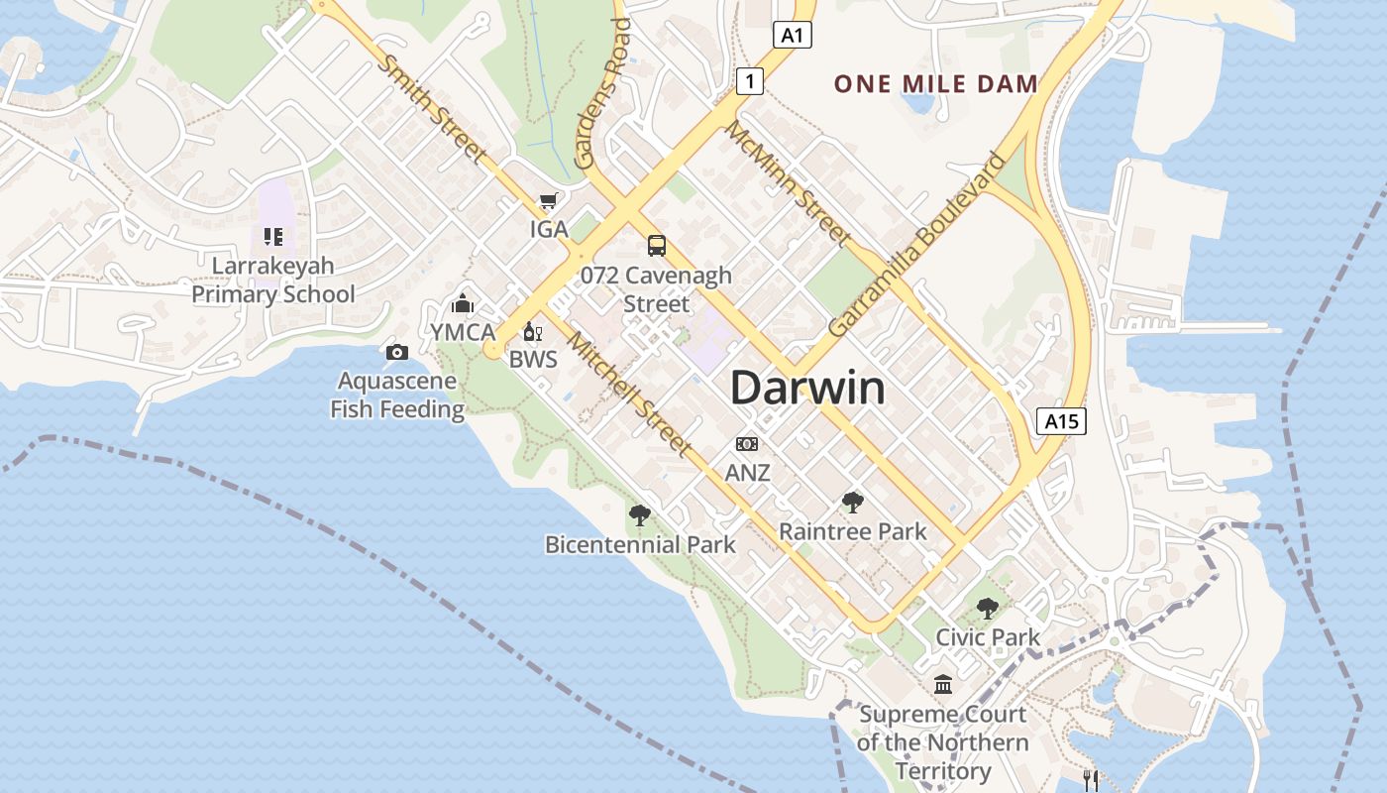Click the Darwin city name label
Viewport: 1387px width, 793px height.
pyautogui.click(x=807, y=388)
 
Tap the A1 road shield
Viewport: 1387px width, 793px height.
pyautogui.click(x=793, y=36)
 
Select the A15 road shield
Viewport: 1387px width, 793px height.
pyautogui.click(x=1062, y=421)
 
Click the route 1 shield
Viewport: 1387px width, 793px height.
pyautogui.click(x=750, y=81)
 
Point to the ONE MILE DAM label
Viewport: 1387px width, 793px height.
pyautogui.click(x=935, y=84)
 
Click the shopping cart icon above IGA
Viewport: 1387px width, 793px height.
pyautogui.click(x=548, y=202)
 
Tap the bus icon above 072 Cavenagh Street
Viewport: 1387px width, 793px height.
pyautogui.click(x=656, y=245)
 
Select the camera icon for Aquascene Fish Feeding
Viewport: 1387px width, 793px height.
pyautogui.click(x=396, y=352)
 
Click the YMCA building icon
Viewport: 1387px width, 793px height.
pyautogui.click(x=463, y=304)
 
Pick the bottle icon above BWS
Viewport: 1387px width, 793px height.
pyautogui.click(x=532, y=331)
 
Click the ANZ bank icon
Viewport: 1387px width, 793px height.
pyautogui.click(x=747, y=444)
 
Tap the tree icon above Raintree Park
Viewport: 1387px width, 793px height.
pyautogui.click(x=852, y=503)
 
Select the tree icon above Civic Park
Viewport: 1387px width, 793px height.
pyautogui.click(x=987, y=609)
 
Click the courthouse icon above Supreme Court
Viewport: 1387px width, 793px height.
pyautogui.click(x=942, y=685)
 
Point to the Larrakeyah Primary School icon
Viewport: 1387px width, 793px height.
pyautogui.click(x=272, y=237)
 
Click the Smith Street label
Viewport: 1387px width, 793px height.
pyautogui.click(x=433, y=110)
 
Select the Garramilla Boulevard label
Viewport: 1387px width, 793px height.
pyautogui.click(x=915, y=244)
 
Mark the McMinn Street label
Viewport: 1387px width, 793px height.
pyautogui.click(x=788, y=183)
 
